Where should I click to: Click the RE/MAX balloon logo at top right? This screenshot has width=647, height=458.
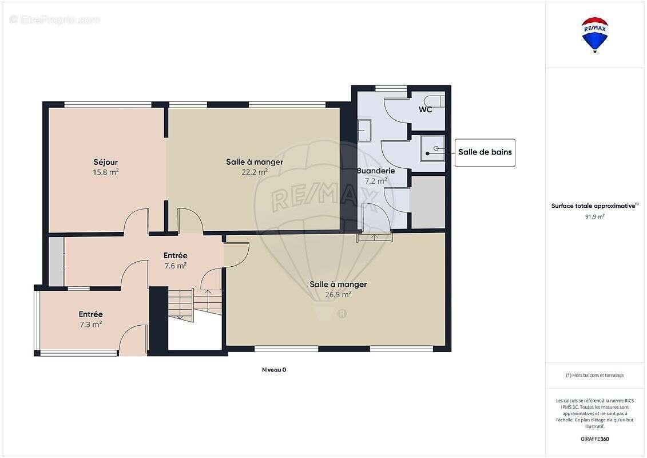(595, 34)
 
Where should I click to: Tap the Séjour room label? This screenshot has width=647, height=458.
(106, 162)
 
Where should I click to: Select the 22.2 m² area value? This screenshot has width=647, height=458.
(255, 171)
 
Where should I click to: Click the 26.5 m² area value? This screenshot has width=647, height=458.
(338, 294)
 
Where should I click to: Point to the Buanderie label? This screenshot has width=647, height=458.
(376, 171)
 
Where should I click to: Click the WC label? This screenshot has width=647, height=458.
(425, 109)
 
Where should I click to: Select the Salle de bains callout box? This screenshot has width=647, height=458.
(485, 152)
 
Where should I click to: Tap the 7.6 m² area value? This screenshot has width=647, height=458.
(175, 265)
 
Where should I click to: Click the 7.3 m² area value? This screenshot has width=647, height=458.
(90, 324)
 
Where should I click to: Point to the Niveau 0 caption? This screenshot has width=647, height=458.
(273, 370)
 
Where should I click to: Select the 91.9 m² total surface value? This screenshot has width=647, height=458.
(594, 216)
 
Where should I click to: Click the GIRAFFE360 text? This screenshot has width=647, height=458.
(594, 439)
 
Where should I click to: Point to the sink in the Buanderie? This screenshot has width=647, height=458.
(364, 129)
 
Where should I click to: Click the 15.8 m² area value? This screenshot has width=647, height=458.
(106, 171)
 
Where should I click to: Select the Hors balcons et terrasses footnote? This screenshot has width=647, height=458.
(594, 375)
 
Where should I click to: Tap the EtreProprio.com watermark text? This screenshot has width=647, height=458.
(55, 20)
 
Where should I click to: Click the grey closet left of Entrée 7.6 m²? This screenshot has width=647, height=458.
(56, 261)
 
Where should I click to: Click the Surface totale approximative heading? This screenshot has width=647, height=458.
(593, 206)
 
